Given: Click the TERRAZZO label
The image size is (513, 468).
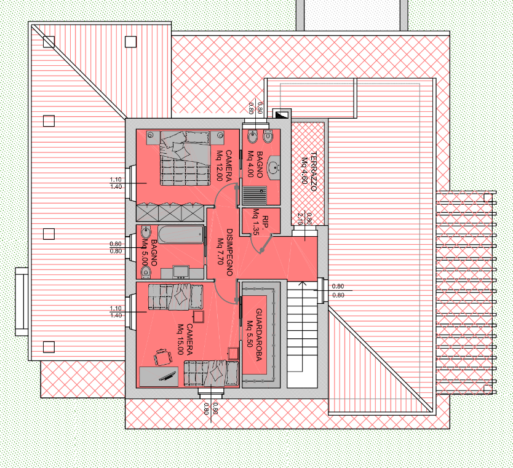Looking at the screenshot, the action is pos(314,172).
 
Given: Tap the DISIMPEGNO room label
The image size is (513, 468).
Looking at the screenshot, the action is pos(229,252).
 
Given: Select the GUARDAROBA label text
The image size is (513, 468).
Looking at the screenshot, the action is pos(259,335).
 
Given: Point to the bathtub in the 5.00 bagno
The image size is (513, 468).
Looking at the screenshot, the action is pos(181,234).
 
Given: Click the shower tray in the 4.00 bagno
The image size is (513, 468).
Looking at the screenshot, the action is pos(255,195).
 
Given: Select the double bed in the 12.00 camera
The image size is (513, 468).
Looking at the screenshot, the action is pos(185,158).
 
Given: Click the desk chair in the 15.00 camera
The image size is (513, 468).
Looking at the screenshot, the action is pos(162,357).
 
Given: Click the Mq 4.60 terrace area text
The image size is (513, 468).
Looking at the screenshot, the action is pos(304,171).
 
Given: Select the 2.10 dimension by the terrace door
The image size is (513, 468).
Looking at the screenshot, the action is pos(300,218).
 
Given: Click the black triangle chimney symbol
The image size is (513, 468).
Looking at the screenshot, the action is pos(280,115).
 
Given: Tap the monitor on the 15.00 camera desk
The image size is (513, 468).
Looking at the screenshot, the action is pos(167,376).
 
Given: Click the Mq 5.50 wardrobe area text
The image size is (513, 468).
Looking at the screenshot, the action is pos(250,334).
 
